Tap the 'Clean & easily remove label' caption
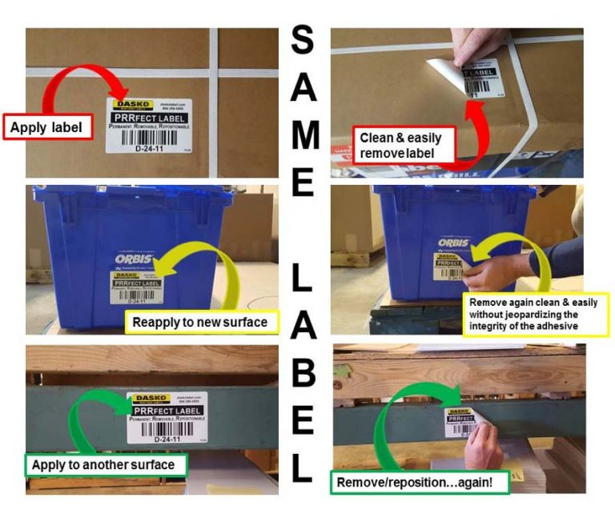pyautogui.click(x=400, y=144)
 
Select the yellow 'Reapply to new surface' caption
pyautogui.click(x=201, y=323)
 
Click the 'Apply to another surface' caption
pyautogui.click(x=105, y=464)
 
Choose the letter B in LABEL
pyautogui.click(x=302, y=372)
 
